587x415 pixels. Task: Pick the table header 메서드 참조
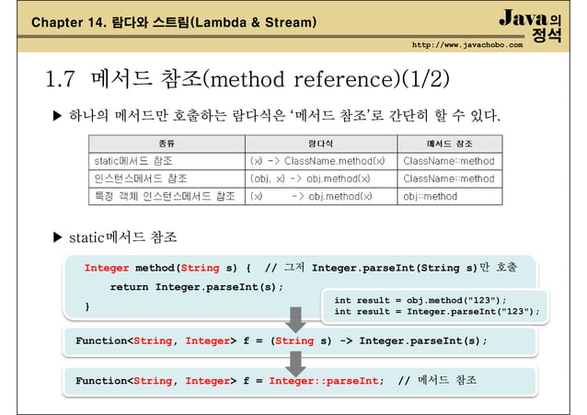(450, 144)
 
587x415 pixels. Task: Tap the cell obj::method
(430, 196)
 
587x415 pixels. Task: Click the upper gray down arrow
(295, 319)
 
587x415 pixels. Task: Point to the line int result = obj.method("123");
(420, 300)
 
